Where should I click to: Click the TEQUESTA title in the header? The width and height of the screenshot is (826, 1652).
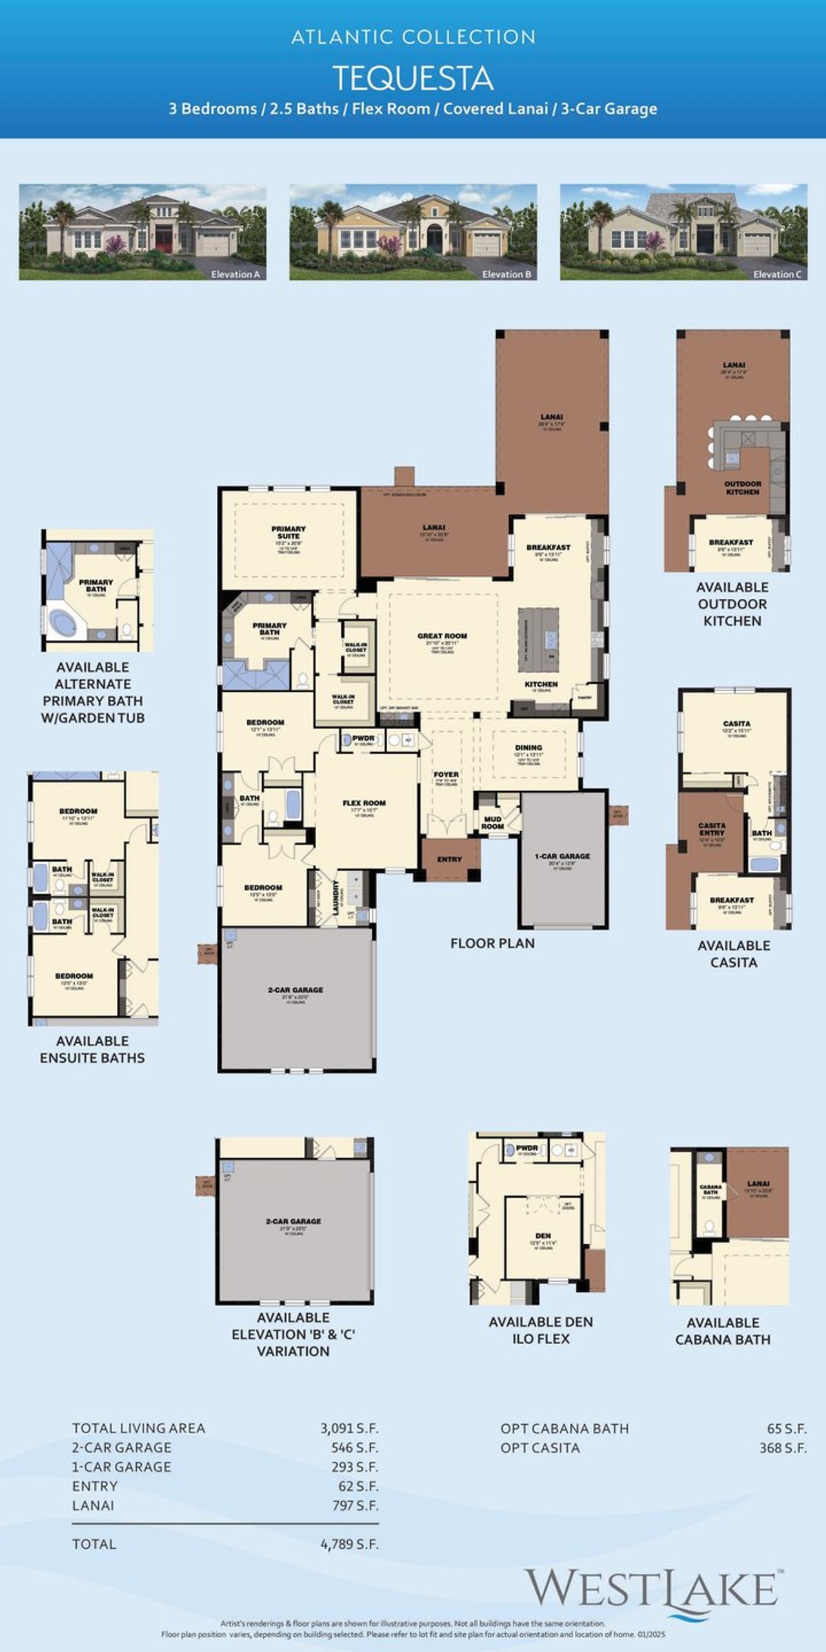(413, 79)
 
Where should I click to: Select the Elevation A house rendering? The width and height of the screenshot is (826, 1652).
(142, 232)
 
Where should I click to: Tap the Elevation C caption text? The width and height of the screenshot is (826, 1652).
(777, 274)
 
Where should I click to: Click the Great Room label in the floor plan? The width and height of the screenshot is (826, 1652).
(442, 636)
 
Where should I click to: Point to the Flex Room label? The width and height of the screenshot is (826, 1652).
(364, 803)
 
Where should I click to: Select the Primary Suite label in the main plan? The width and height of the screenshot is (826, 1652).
(288, 532)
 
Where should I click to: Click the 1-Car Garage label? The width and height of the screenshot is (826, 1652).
(562, 856)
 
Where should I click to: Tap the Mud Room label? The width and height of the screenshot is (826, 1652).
(492, 823)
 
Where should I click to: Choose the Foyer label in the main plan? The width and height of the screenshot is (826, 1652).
(446, 774)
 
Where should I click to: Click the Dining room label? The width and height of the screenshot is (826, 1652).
(529, 747)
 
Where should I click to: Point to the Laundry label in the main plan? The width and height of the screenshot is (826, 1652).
(336, 897)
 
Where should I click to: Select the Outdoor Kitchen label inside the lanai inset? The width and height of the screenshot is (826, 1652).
(743, 488)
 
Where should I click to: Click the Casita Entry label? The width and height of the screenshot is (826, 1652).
(712, 829)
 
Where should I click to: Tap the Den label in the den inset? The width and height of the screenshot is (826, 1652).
(543, 1236)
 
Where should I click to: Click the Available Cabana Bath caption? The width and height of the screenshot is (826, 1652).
(723, 1331)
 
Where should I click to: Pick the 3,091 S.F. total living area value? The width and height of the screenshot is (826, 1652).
(349, 1429)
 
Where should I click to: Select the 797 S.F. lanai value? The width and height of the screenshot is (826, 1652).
(354, 1506)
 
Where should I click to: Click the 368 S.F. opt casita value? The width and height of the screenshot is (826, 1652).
(782, 1448)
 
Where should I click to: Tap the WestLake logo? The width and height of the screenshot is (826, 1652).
(652, 1589)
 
